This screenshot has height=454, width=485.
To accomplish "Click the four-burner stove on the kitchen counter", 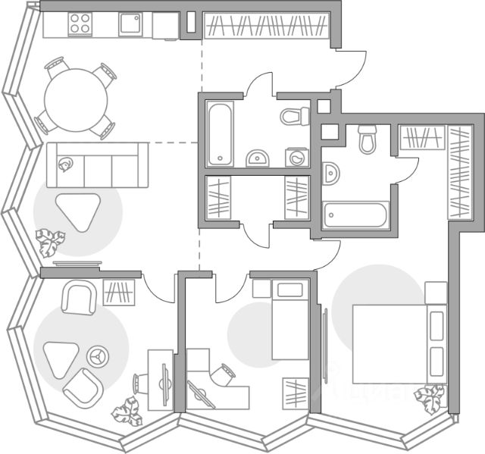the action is [80, 25].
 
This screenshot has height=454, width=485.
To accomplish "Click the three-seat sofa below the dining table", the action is [93, 164].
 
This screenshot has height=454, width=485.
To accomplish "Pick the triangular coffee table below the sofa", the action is [78, 211].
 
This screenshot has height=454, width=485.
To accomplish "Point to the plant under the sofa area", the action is [51, 243].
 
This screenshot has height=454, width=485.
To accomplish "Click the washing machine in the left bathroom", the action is [298, 157].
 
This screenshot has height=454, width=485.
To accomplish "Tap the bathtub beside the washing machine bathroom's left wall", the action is [220, 133].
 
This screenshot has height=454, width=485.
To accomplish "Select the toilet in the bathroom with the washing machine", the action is [295, 116].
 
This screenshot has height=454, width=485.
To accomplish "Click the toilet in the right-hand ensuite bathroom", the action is [368, 139].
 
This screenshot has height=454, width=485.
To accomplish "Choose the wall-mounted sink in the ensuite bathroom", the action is [330, 174].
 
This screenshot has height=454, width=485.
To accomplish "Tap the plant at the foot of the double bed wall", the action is [432, 398].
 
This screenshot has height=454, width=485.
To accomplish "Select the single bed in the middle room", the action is [289, 318].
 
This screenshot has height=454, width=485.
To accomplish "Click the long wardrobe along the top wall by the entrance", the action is [267, 25].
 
